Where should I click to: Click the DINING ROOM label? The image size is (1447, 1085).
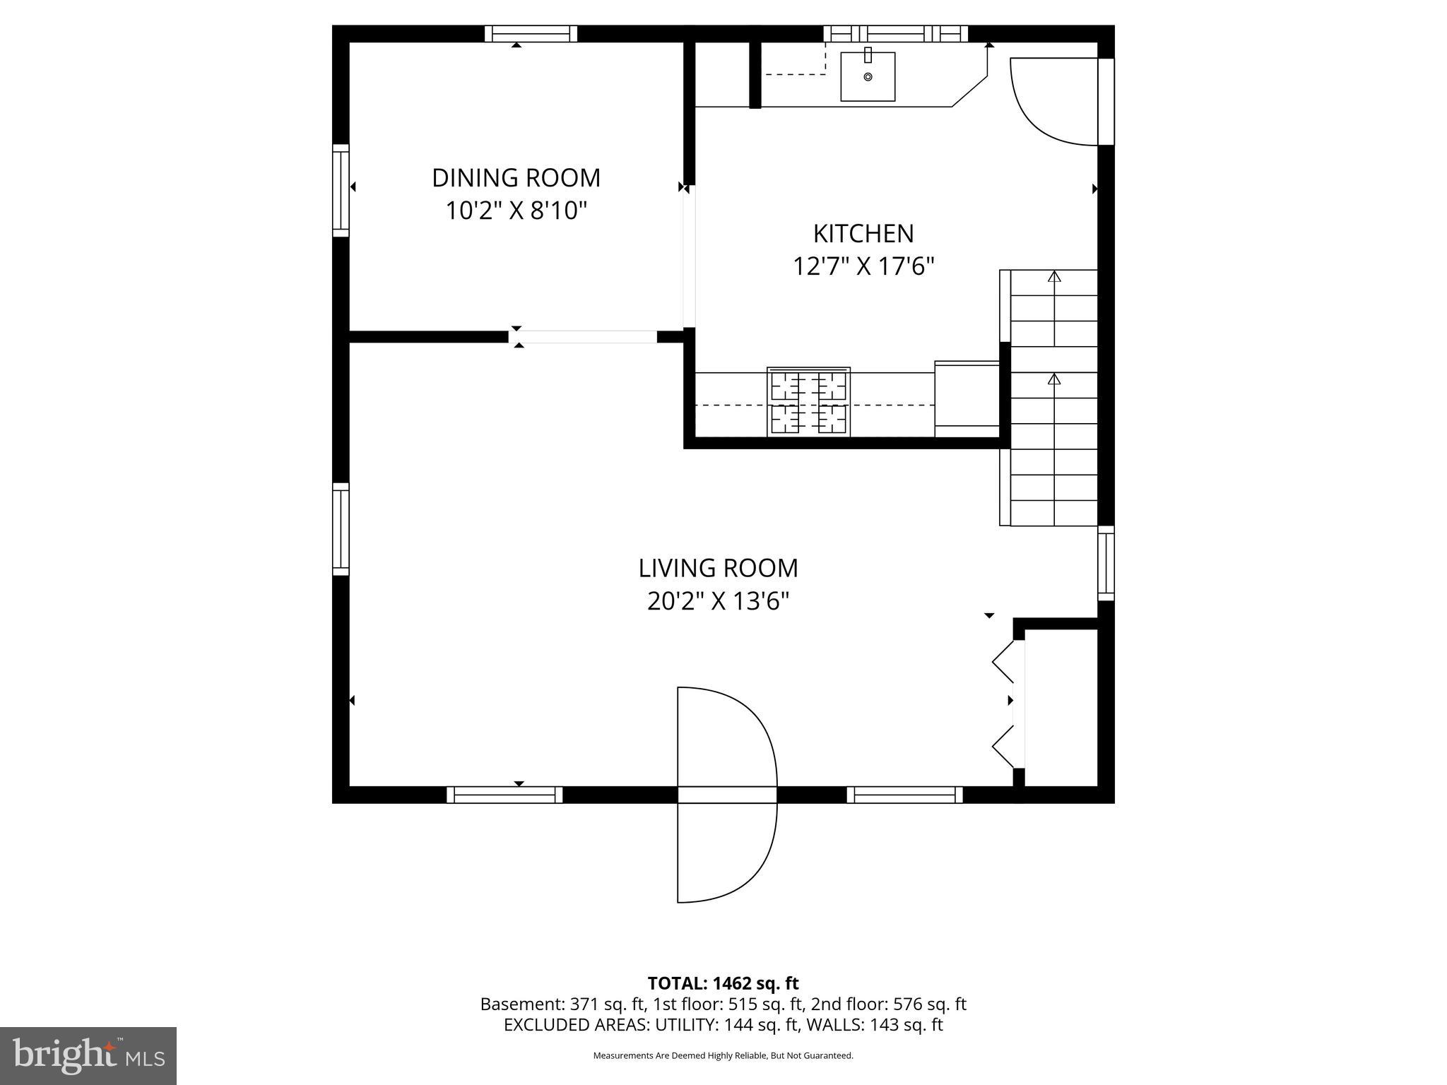(516, 177)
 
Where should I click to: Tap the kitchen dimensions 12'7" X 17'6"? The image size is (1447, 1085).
(863, 266)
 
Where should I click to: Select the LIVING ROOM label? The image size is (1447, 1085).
(718, 568)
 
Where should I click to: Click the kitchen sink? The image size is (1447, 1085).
(868, 76)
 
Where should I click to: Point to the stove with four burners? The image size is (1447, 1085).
(808, 402)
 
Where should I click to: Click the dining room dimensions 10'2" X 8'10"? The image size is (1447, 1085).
(516, 211)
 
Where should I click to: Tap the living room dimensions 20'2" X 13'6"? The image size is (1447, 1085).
(718, 601)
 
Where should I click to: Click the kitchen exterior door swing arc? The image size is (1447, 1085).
(1046, 106)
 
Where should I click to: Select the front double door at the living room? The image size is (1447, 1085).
(726, 795)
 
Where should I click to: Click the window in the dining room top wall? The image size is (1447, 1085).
(531, 33)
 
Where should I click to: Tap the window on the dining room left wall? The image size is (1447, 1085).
(341, 191)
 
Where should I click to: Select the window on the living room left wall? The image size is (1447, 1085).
(341, 529)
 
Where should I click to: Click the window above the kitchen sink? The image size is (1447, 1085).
(895, 33)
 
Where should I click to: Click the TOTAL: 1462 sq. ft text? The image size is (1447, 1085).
(723, 983)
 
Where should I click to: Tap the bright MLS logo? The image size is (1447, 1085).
(88, 1055)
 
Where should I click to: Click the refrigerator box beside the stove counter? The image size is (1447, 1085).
(967, 399)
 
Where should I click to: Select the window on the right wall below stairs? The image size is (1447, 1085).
(1106, 563)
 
